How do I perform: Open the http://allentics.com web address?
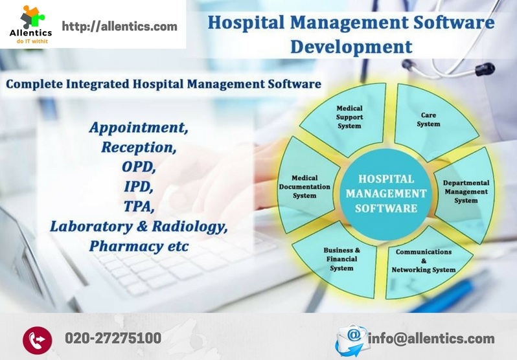pos(119,27)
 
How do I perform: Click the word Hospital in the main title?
pos(250,23)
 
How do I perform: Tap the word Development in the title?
pos(350,47)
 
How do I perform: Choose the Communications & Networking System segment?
pos(424,260)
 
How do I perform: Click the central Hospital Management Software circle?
pos(386,193)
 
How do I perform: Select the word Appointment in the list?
pos(139,127)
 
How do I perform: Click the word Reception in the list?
pos(138,147)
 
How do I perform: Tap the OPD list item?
pos(139,167)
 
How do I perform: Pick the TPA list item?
pos(139,207)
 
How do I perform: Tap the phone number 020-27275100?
pos(113,338)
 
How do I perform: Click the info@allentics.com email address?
pos(431,338)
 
